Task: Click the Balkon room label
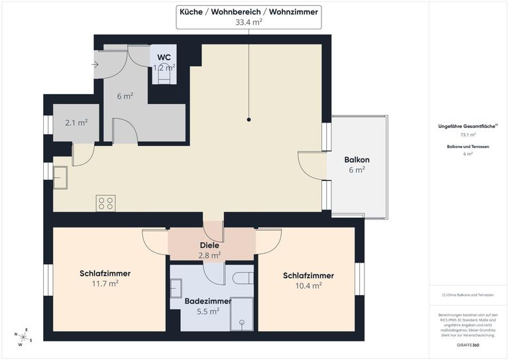(x=357, y=160)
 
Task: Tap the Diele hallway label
(x=209, y=245)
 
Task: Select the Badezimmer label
(x=208, y=301)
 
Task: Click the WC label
(x=164, y=58)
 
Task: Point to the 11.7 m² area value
(x=105, y=283)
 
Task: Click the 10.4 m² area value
(x=308, y=286)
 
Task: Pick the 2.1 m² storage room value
(x=76, y=123)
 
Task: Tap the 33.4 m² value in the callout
(x=249, y=22)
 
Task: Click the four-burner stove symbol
(x=105, y=203)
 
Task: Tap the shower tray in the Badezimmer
(x=241, y=314)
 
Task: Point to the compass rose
(x=21, y=337)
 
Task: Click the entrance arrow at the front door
(x=95, y=65)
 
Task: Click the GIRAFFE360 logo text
(x=469, y=345)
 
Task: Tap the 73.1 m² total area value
(x=468, y=135)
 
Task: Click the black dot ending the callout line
(x=249, y=120)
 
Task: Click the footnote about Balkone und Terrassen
(x=468, y=294)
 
